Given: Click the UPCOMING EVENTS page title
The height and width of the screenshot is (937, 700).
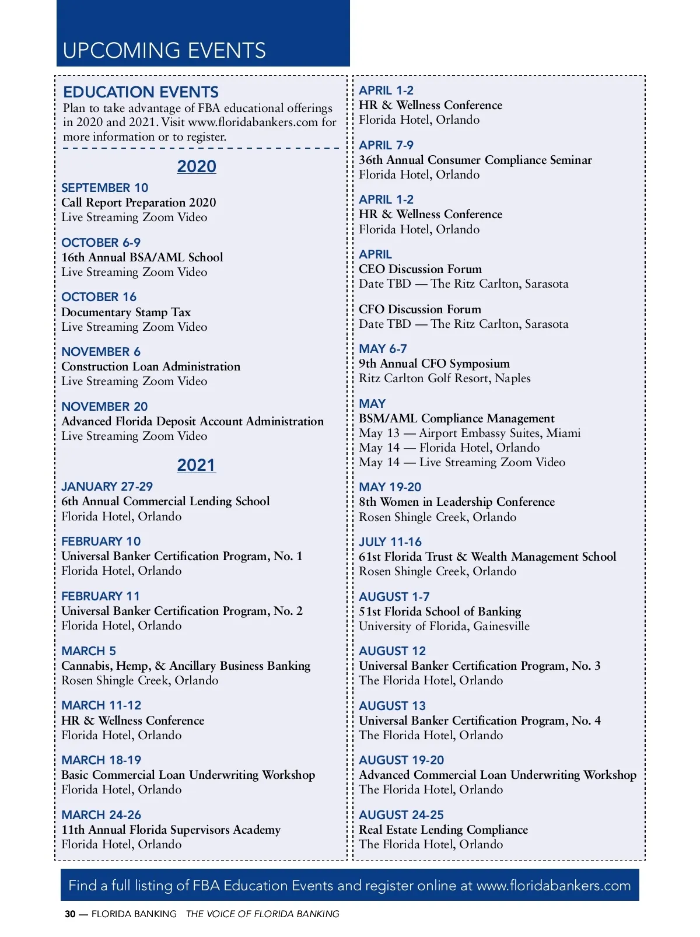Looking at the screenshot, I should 164,51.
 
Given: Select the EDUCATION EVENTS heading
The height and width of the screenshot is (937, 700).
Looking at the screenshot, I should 141,92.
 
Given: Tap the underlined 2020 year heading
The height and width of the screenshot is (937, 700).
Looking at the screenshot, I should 197,167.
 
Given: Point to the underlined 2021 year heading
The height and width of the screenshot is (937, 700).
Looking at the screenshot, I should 197,466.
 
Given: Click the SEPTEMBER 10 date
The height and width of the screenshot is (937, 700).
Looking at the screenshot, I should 105,188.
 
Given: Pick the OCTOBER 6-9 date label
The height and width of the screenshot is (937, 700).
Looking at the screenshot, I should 101,243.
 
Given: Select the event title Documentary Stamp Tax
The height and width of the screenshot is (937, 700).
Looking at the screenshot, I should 126,312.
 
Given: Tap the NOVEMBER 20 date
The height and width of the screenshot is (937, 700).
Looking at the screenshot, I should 104,407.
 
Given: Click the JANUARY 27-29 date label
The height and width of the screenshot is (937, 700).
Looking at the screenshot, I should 107,487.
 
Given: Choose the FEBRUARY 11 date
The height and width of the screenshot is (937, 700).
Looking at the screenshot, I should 101,596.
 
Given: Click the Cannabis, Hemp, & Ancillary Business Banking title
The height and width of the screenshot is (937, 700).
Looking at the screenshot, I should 186,666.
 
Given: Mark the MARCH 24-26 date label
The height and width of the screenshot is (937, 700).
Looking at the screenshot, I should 101,815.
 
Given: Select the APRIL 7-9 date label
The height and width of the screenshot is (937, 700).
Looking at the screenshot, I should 386,145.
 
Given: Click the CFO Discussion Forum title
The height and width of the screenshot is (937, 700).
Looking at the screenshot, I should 420,309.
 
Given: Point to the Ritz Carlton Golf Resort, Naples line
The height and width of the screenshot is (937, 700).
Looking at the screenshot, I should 444,378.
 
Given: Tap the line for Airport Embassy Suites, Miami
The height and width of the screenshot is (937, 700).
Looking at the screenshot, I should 470,433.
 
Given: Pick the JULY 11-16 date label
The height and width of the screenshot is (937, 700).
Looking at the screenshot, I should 390,542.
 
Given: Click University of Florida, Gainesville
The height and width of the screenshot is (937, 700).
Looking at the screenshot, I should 444,626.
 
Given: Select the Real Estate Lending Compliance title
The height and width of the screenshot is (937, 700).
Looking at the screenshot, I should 443,830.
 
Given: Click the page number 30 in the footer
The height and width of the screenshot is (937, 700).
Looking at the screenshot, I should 70,914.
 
